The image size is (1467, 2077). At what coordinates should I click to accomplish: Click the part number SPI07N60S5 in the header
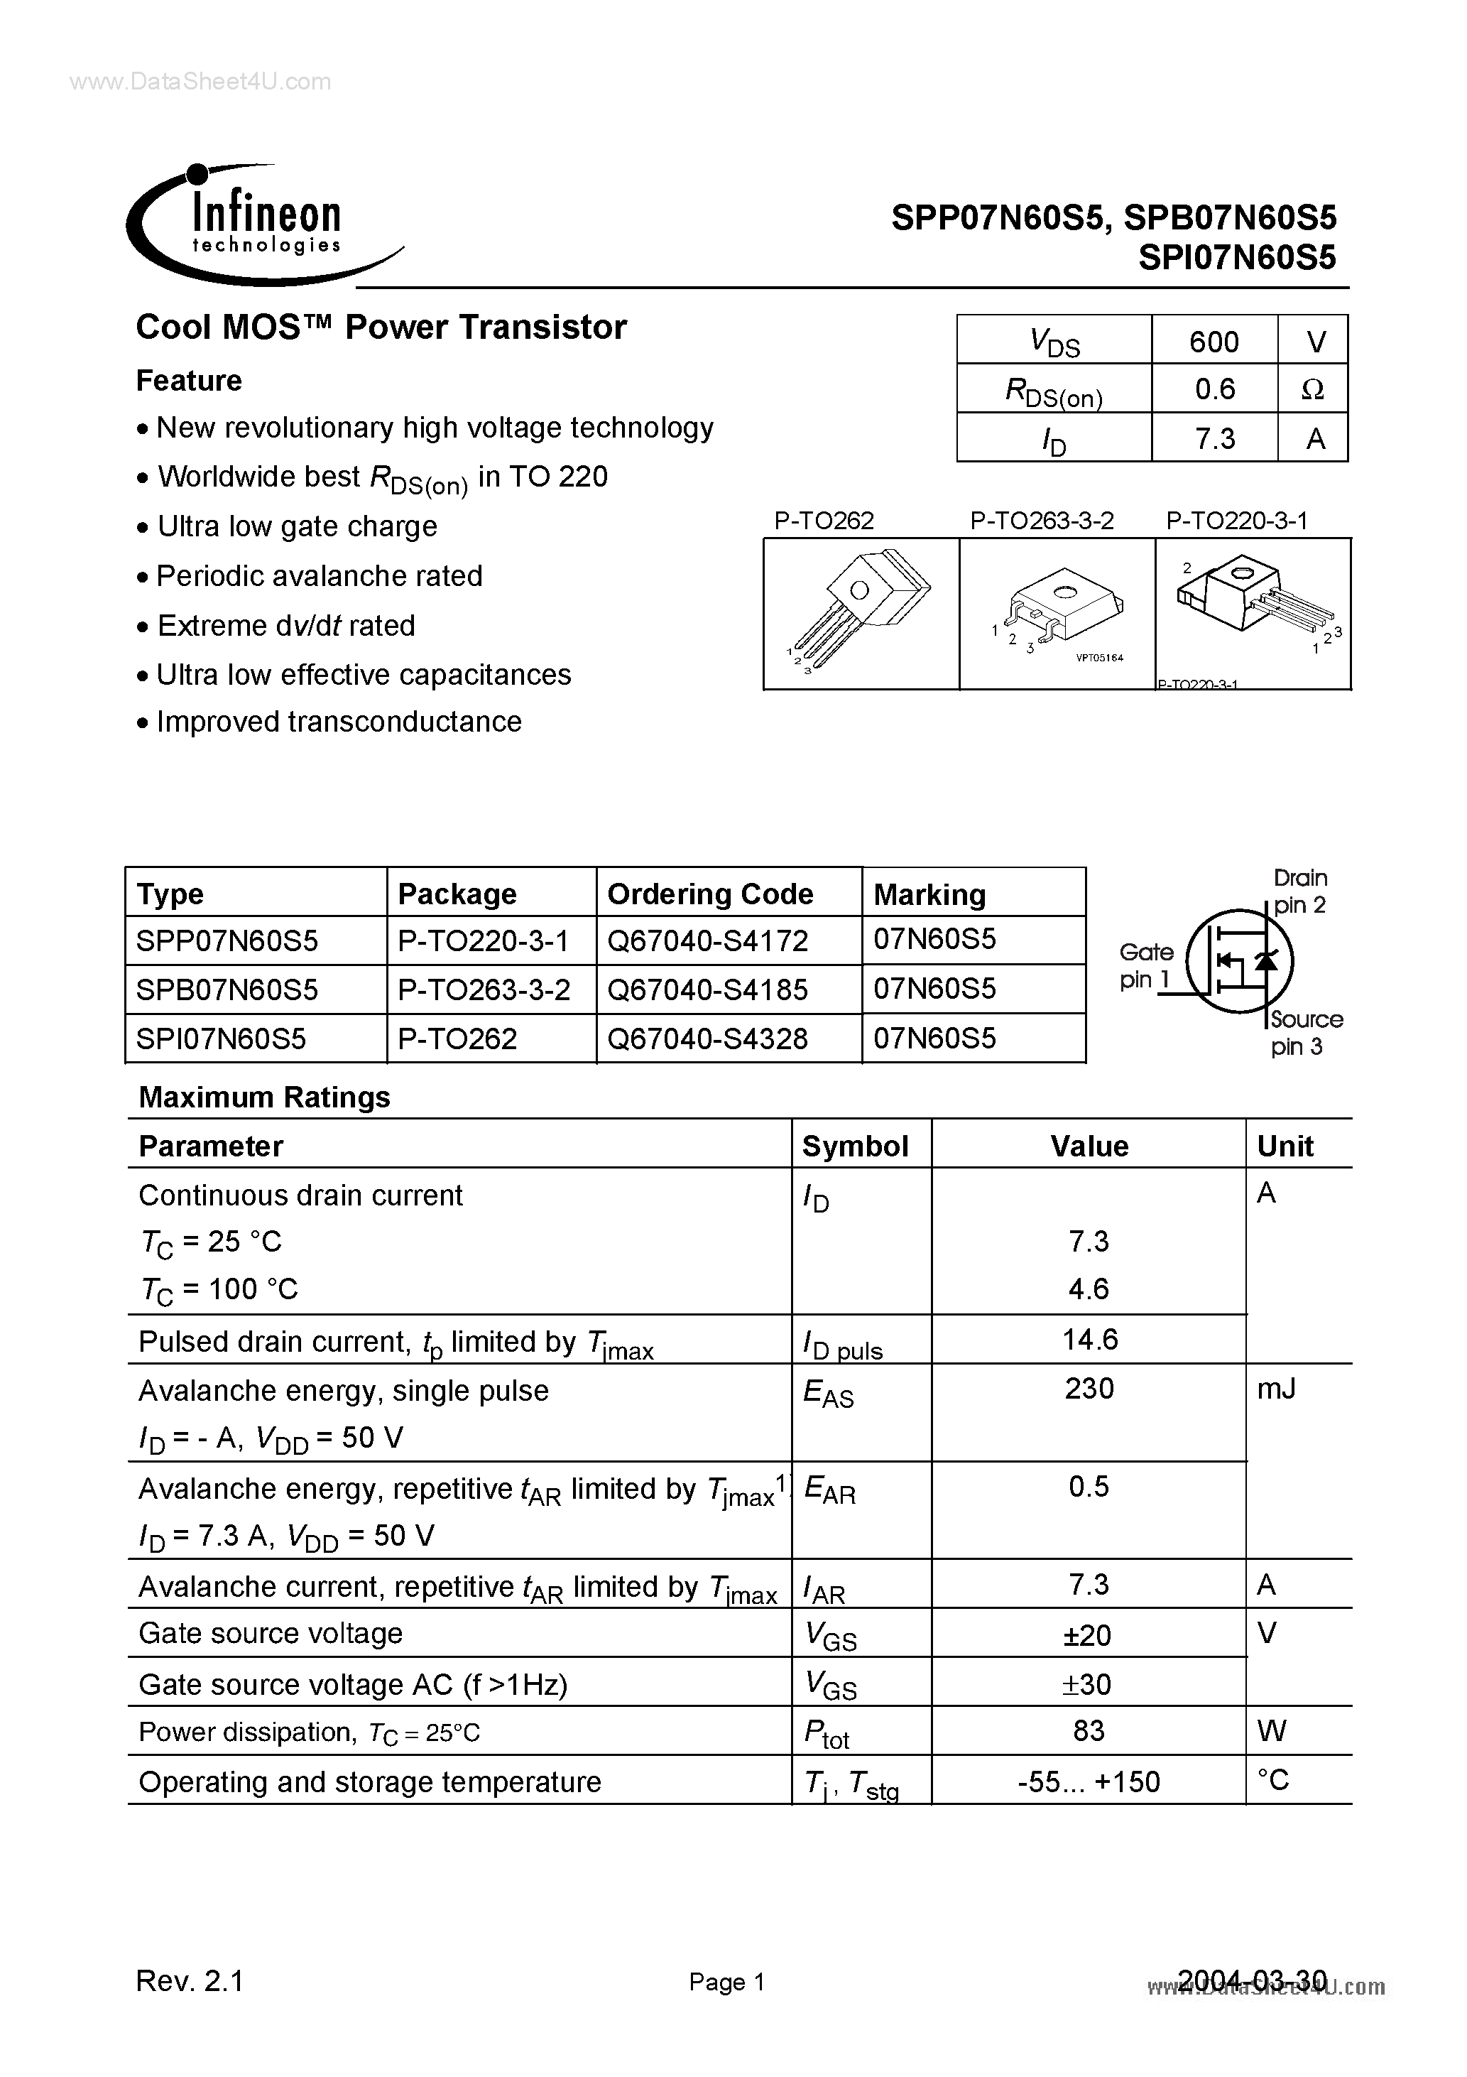1236,259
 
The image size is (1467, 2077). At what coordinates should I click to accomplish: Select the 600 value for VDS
1213,342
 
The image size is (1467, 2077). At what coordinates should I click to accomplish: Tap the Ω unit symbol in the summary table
1312,390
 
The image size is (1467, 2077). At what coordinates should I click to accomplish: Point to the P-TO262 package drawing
860,613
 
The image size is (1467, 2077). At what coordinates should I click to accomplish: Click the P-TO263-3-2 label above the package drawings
1041,521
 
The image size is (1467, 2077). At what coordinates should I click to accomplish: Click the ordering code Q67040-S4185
707,989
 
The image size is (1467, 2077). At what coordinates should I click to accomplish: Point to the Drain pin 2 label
1299,891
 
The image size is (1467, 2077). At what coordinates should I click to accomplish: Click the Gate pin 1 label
1145,965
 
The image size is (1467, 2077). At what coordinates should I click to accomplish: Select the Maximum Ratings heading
264,1097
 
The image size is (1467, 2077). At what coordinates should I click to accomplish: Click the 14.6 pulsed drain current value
1089,1340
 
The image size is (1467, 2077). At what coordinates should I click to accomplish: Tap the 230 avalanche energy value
1089,1389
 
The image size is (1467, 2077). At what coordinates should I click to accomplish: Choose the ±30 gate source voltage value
1089,1684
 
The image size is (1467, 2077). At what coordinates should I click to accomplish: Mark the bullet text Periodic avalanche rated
318,576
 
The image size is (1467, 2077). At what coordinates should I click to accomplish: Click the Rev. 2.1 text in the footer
190,1982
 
